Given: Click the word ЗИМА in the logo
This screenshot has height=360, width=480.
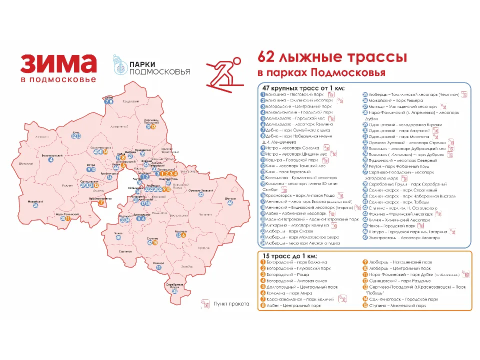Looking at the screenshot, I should [x=58, y=64].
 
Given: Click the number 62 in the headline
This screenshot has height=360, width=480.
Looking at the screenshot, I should [x=267, y=56].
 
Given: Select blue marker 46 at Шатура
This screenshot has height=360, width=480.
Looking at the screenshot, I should [x=230, y=203].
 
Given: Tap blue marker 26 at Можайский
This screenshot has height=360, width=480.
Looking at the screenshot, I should [x=35, y=205].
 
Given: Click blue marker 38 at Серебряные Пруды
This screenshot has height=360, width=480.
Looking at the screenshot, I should [x=174, y=290].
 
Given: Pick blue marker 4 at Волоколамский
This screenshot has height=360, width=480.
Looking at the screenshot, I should [x=50, y=159].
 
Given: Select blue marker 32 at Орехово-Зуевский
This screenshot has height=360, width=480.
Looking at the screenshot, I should [x=200, y=195].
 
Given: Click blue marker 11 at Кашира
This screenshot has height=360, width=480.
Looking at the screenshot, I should [x=158, y=267].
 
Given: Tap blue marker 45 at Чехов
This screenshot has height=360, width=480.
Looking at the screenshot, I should [x=118, y=237].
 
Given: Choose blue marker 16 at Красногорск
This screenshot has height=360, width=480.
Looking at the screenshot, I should [x=109, y=177].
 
